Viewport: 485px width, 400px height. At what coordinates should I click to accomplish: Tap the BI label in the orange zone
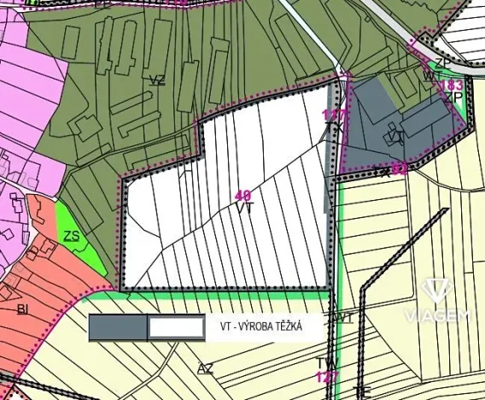[22, 309]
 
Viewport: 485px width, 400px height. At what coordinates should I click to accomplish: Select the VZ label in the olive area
[156, 80]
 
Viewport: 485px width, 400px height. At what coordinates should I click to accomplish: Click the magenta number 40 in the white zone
[243, 196]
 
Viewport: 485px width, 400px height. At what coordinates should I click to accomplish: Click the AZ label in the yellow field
[204, 368]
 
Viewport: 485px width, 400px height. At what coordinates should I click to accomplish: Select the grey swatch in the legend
[118, 326]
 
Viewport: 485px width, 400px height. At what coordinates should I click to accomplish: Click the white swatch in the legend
[175, 326]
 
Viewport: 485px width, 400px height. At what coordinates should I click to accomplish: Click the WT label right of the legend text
[344, 318]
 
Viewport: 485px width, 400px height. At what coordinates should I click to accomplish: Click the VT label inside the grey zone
[395, 135]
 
